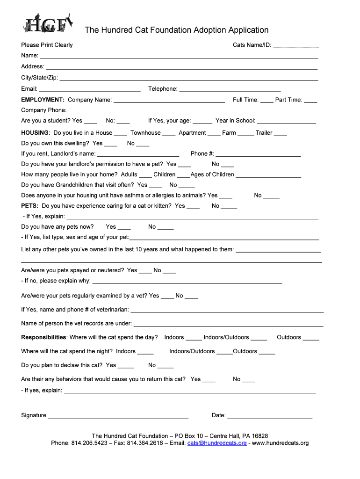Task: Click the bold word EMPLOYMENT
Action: point(43,100)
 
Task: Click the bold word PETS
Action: point(29,206)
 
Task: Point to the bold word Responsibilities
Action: point(44,337)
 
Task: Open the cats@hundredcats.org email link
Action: point(217,443)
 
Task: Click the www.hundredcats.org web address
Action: point(281,443)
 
